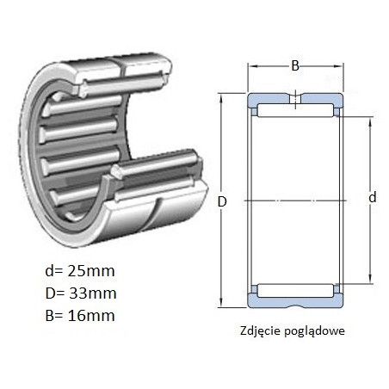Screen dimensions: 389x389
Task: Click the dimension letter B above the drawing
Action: [295, 65]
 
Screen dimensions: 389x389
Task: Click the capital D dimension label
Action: [222, 202]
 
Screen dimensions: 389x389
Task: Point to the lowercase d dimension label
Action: [373, 197]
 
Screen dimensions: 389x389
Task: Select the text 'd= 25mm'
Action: [80, 271]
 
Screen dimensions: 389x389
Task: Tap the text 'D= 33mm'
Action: [81, 293]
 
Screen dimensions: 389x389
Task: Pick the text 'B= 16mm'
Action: [80, 316]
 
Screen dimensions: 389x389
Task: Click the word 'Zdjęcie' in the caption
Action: [260, 331]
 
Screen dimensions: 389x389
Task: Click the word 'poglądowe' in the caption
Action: [315, 331]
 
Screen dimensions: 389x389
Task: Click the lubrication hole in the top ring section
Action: [295, 99]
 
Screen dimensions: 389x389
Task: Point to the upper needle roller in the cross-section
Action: [295, 110]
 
